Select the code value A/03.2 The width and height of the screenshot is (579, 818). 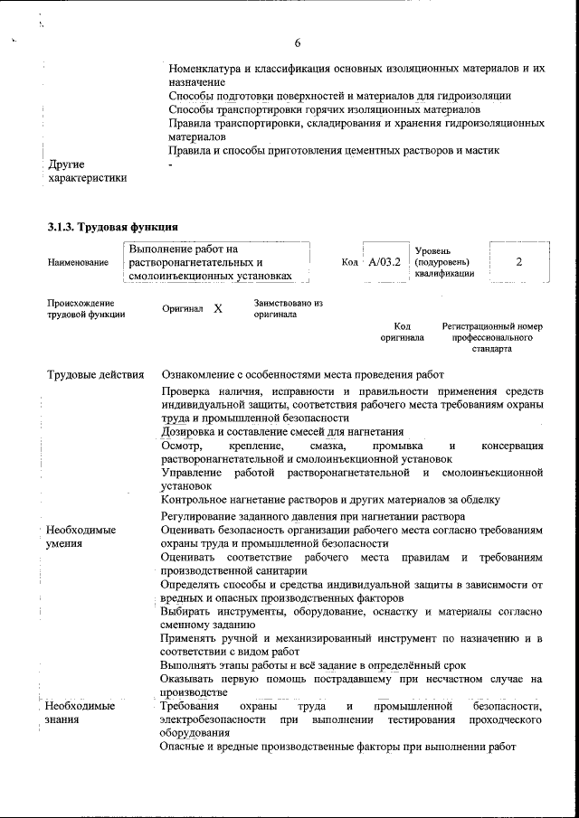[384, 261]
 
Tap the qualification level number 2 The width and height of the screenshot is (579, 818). [518, 261]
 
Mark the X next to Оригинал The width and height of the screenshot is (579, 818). [218, 308]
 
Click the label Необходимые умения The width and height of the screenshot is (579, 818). [81, 537]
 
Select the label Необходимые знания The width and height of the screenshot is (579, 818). [81, 712]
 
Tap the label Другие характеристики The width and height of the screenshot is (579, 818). [87, 171]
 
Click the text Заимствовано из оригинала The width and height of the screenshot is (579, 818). [288, 308]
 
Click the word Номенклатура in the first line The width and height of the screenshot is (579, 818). [208, 69]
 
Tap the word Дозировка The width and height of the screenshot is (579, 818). [189, 432]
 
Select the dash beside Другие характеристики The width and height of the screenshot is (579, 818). [170, 165]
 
